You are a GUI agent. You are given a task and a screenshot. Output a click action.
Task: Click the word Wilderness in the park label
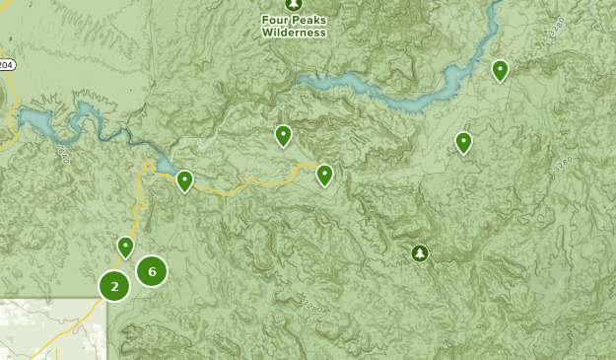pos(293,32)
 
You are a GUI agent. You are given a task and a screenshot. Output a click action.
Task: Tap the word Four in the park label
pos(277,19)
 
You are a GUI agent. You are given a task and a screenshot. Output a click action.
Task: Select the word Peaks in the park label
pos(308,19)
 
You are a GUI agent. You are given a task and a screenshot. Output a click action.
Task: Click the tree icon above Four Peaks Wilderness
pos(293,4)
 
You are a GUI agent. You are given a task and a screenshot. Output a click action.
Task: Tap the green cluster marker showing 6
pos(151,270)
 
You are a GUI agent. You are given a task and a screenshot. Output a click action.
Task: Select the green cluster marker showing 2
pos(114,286)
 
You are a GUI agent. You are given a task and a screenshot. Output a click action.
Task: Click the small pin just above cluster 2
pos(125,246)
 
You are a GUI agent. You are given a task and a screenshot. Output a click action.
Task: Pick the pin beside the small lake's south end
pos(184,180)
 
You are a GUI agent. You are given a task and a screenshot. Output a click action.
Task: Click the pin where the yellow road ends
pos(324,175)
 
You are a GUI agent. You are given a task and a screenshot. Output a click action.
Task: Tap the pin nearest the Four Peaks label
pos(283,135)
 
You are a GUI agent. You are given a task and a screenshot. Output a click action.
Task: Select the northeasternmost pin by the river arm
pos(500,69)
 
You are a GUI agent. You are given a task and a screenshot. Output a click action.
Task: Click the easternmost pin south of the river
pos(463,142)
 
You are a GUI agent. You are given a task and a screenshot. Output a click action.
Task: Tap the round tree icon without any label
pos(420,253)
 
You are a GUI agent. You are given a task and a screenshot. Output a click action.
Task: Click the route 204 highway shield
pos(6,65)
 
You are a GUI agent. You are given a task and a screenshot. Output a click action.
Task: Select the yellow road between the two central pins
pos(256,181)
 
